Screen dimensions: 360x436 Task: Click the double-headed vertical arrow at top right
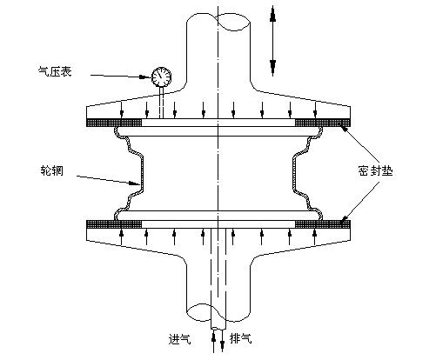pyautogui.click(x=272, y=40)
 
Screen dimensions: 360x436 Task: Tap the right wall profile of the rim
pyautogui.click(x=304, y=174)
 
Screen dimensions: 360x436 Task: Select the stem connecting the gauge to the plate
pyautogui.click(x=161, y=102)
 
